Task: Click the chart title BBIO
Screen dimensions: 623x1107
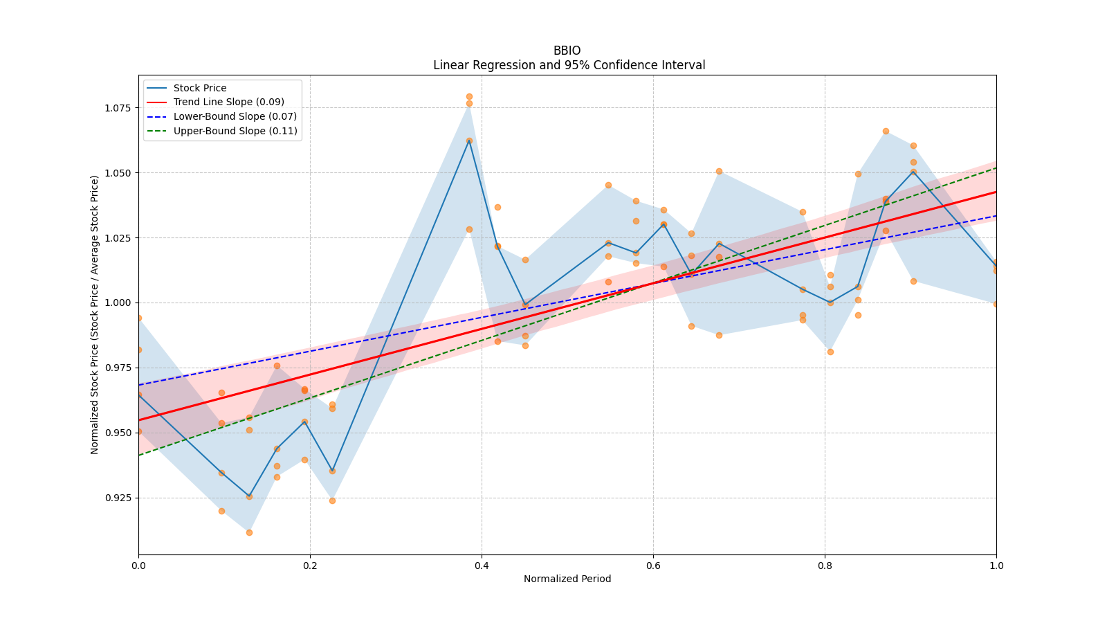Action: tap(567, 51)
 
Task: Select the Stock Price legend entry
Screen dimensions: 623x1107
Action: tap(200, 88)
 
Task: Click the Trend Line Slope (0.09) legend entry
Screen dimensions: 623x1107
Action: tap(228, 102)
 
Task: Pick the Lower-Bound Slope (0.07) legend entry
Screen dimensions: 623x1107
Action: tap(235, 116)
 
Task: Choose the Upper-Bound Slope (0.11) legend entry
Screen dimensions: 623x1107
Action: tap(235, 131)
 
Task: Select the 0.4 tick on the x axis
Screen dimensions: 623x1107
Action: tap(482, 566)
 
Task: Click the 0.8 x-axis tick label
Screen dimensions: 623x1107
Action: tap(825, 566)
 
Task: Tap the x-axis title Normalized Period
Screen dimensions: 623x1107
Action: tap(567, 579)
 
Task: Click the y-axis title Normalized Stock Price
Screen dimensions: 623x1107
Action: tap(95, 314)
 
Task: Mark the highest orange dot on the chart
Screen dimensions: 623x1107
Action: tap(469, 97)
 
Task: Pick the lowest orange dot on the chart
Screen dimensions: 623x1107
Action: tap(249, 532)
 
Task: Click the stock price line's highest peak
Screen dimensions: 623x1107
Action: tap(469, 141)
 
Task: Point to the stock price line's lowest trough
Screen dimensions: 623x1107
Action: tap(249, 496)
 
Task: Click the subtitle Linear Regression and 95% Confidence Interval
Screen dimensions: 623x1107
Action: tap(569, 65)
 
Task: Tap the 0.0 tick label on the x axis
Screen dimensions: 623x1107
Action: tap(138, 566)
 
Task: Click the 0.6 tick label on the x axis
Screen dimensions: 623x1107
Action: tap(653, 566)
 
